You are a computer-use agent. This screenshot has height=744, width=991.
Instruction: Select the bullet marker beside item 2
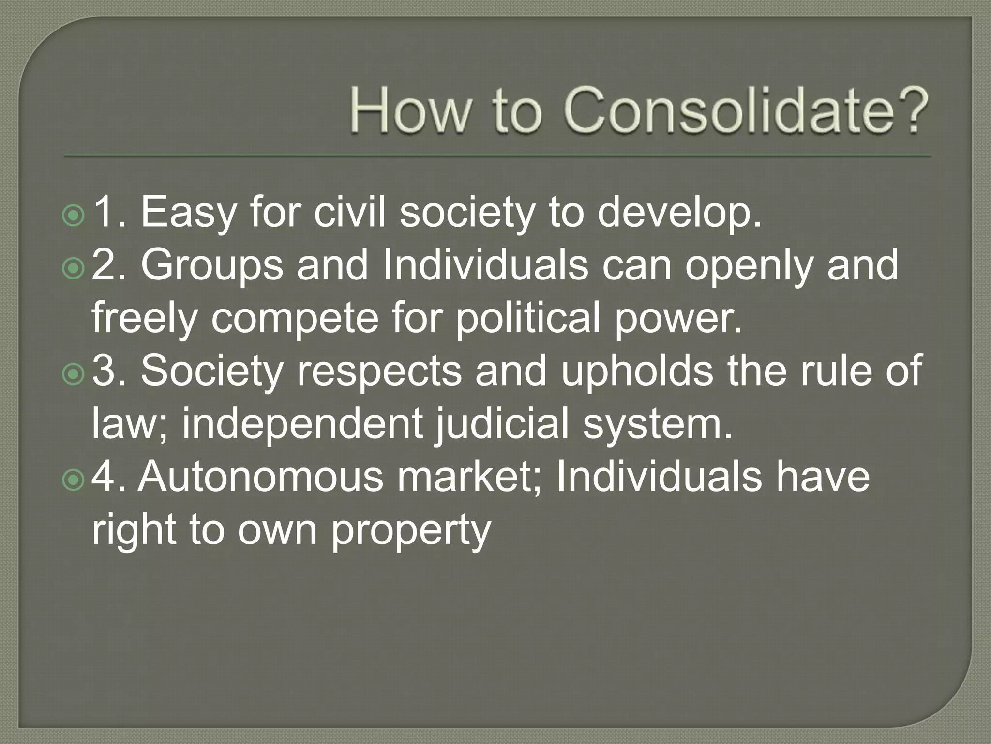(74, 268)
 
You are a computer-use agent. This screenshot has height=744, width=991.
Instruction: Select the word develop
(679, 213)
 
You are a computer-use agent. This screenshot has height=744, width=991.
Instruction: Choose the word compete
(295, 319)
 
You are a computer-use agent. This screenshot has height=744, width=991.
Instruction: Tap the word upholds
(637, 371)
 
